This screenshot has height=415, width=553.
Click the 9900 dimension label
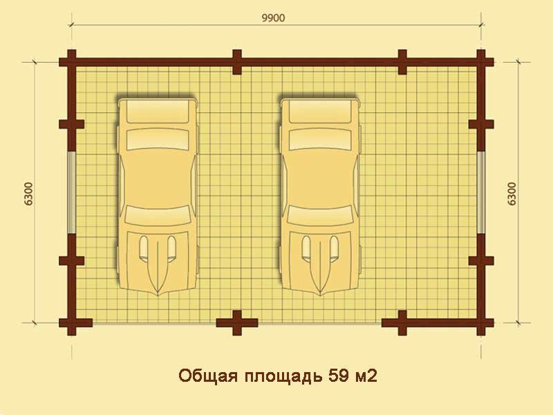click(273, 18)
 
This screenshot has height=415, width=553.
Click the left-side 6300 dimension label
click(29, 194)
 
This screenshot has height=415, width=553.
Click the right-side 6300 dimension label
click(512, 194)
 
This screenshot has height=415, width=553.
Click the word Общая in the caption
click(208, 377)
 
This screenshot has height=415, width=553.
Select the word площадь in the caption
click(283, 377)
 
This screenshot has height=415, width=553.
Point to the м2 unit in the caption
click(366, 376)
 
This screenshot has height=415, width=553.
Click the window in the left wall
click(72, 193)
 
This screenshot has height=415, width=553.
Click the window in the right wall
click(481, 193)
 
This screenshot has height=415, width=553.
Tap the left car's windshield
click(158, 215)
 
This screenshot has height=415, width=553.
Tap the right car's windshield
click(320, 215)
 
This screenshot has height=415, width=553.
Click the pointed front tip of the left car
click(158, 295)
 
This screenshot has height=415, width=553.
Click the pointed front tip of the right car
click(320, 295)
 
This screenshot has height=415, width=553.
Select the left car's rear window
click(158, 139)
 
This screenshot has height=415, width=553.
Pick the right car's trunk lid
click(320, 111)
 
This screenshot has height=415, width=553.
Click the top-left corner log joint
click(72, 62)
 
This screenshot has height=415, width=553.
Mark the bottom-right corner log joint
click(481, 322)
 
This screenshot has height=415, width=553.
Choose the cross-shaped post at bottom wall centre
click(237, 322)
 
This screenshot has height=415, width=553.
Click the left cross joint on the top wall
click(237, 62)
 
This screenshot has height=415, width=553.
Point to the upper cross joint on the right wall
click(481, 124)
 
